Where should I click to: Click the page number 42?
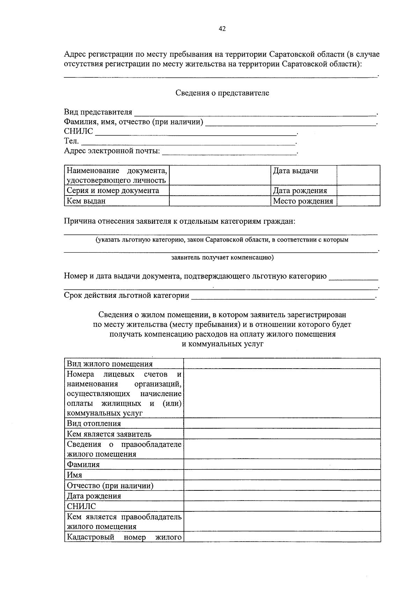tap(222, 29)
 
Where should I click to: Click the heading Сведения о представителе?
tap(222, 93)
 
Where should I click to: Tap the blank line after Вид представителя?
tap(255, 112)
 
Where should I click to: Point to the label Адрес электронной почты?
tap(112, 151)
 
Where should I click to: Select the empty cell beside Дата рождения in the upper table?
tap(358, 191)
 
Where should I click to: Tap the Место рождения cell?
tap(303, 201)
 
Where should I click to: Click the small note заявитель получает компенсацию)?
tap(222, 258)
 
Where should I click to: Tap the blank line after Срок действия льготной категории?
tap(283, 296)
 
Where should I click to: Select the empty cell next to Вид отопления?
tap(282, 424)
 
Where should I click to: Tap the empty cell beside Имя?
tap(282, 475)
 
